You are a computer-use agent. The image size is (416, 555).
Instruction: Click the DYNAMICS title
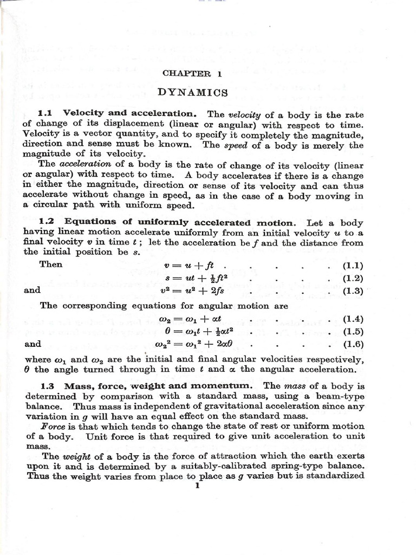(x=192, y=92)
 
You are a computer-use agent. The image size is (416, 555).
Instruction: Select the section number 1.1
(x=48, y=113)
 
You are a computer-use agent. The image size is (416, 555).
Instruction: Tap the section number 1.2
(x=49, y=222)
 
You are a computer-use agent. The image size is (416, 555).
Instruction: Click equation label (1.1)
(x=353, y=266)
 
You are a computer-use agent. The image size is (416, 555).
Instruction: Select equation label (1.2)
(x=353, y=278)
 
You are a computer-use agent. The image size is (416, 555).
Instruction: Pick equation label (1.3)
(x=353, y=291)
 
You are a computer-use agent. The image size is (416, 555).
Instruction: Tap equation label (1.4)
(x=353, y=319)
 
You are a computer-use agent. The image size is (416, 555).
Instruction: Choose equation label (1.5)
(x=353, y=332)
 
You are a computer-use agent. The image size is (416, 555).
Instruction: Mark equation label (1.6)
(x=353, y=344)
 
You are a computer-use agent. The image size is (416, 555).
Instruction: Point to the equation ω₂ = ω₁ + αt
(x=188, y=319)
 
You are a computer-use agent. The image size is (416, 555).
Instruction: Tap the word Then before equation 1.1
(x=51, y=264)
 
